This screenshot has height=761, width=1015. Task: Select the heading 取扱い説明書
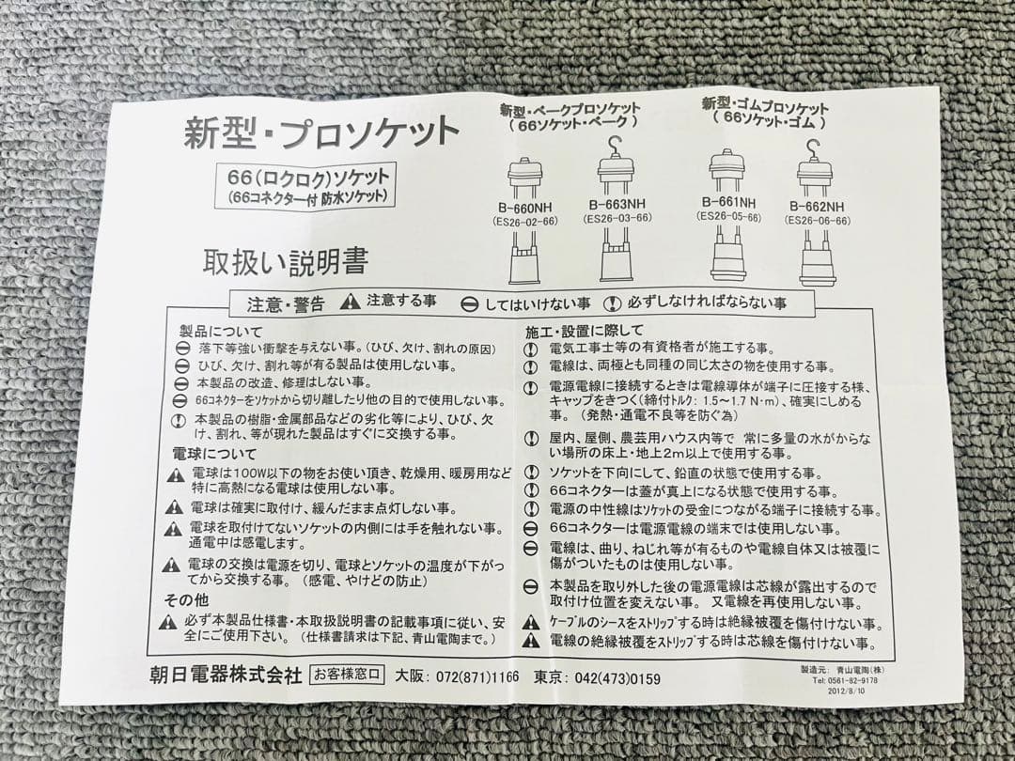[x=286, y=262]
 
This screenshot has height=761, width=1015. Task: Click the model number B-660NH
[x=524, y=209]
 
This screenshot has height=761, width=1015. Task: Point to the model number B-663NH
[x=617, y=205]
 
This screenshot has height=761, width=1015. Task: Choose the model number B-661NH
[x=728, y=203]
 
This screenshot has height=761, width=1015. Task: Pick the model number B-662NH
[x=817, y=207]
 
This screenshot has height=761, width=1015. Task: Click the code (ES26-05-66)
[x=728, y=217]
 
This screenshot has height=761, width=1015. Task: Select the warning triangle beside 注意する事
[x=351, y=302]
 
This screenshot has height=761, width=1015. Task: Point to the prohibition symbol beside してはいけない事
[x=470, y=303]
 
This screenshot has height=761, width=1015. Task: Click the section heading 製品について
[x=222, y=332]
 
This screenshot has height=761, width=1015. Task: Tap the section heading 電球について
[x=215, y=454]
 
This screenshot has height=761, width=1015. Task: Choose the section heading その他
[x=186, y=600]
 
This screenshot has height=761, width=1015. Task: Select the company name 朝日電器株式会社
[x=226, y=675]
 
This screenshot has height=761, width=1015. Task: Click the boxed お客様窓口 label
[x=347, y=675]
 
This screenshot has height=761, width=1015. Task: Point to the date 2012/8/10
[x=846, y=691]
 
